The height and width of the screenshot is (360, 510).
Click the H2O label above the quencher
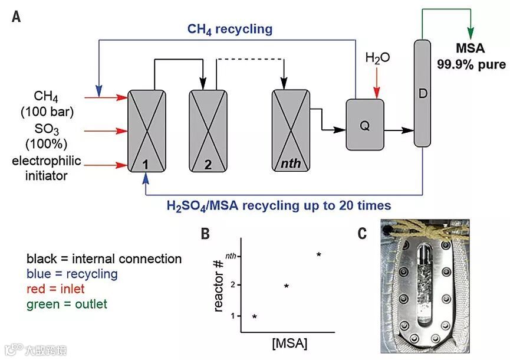tap(378, 58)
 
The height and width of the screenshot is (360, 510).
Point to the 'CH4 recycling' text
tap(230, 29)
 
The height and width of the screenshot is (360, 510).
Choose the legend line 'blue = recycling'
tap(72, 274)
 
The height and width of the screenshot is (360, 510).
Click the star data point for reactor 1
tap(254, 317)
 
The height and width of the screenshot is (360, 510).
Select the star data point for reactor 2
tap(287, 286)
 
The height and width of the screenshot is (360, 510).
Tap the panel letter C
tap(363, 234)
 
